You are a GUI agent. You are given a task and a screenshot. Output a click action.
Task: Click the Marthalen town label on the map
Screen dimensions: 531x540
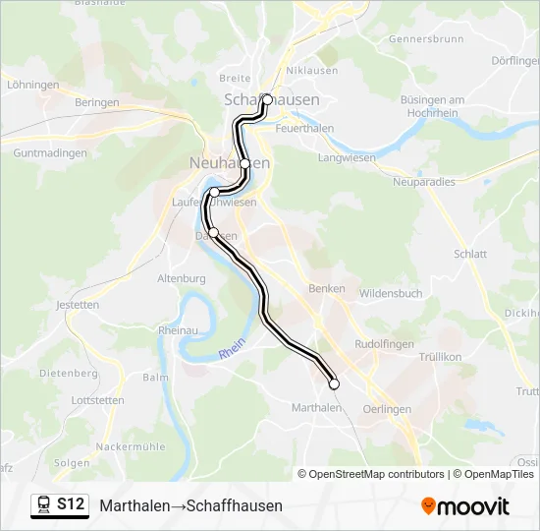316,407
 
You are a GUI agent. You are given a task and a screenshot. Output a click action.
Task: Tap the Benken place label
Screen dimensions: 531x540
327,288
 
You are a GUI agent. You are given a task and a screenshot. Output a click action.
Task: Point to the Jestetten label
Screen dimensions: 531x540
79,305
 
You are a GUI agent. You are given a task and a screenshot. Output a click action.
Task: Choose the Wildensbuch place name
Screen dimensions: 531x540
391,293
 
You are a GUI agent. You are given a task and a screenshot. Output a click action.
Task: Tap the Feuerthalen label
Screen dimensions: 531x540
305,129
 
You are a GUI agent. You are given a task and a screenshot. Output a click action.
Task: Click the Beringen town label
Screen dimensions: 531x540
96,102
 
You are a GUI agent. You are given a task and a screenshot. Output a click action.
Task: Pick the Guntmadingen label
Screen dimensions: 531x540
50,153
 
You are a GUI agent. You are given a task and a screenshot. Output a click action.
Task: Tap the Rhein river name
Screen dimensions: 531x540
231,350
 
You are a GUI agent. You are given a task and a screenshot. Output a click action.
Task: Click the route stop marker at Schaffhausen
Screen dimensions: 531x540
267,99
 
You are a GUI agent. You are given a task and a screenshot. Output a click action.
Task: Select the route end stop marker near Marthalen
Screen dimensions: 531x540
334,384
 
